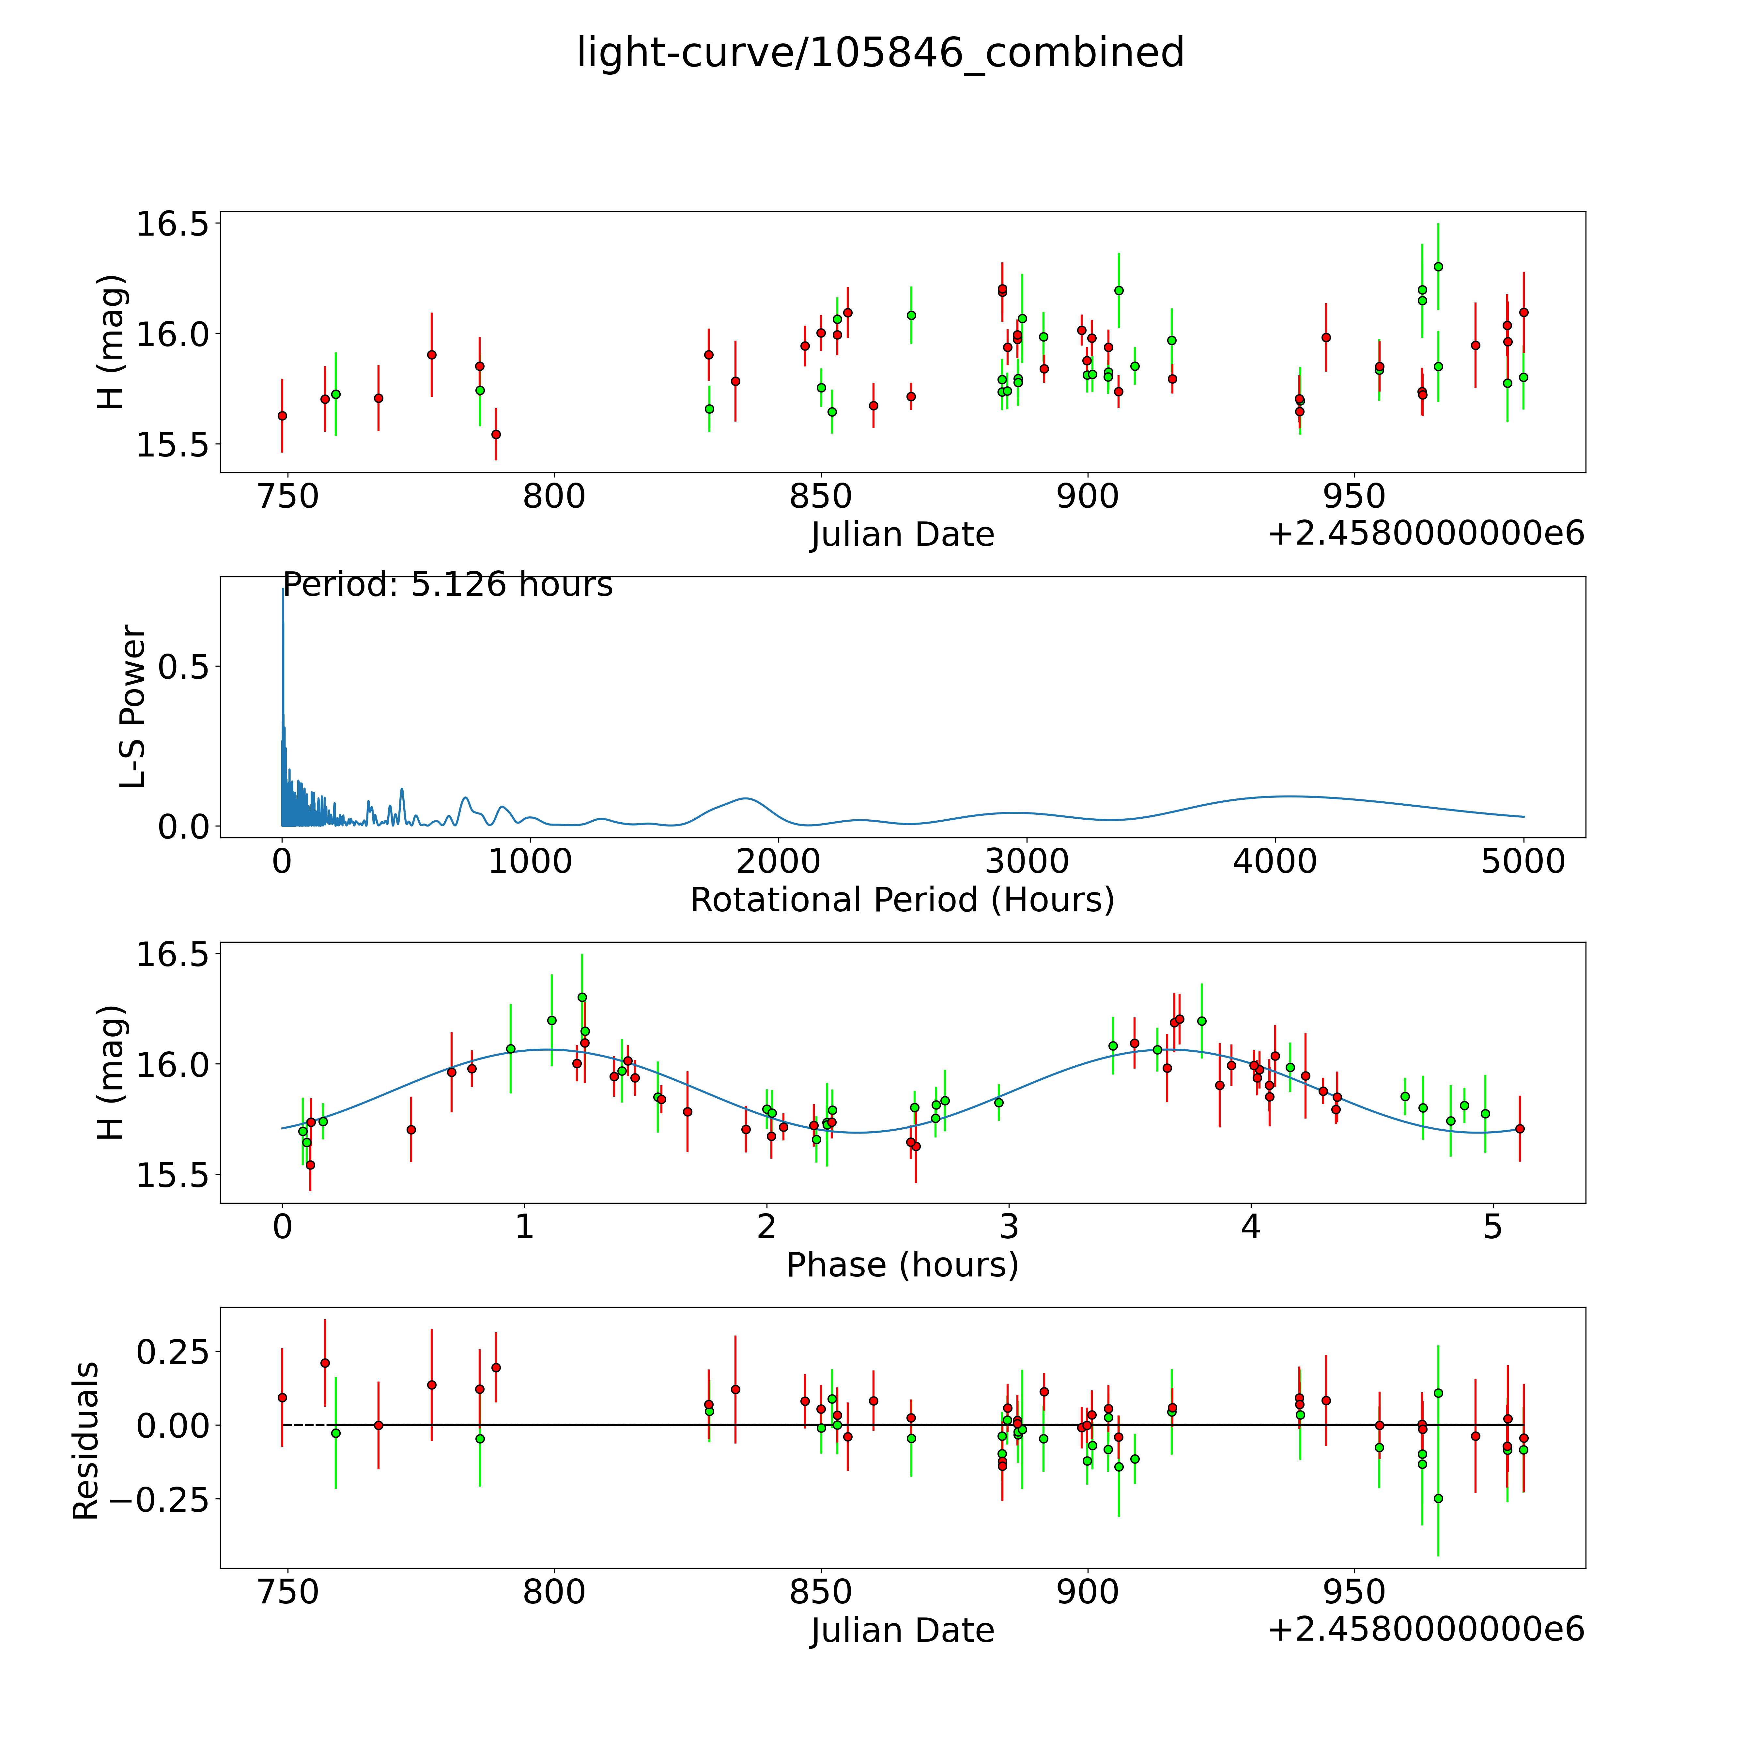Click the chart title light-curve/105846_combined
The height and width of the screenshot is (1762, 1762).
[880, 53]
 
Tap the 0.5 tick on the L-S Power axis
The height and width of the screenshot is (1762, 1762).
[183, 667]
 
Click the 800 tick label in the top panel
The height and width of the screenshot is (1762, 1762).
[554, 497]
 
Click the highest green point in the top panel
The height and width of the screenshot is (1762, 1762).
[1438, 266]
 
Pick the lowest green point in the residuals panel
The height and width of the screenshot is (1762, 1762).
[1438, 1498]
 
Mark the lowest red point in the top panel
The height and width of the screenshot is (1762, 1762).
[496, 434]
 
